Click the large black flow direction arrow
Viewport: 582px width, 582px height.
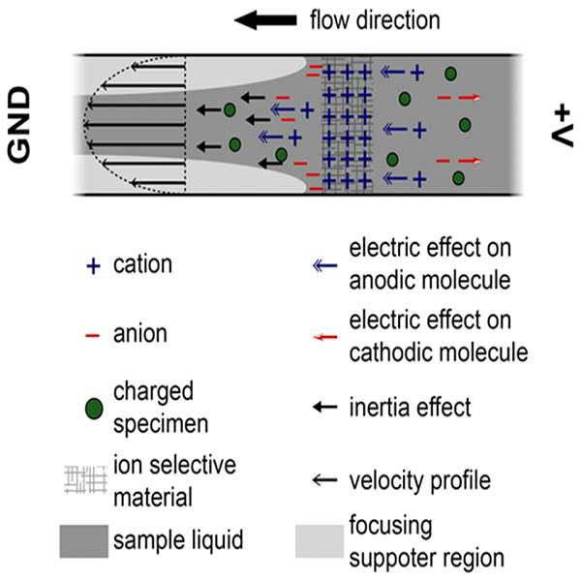265,20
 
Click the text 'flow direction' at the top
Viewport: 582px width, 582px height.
375,20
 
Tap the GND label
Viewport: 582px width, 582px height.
19,125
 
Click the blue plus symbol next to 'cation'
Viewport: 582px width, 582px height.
93,266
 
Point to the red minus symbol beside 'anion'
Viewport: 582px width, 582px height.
92,336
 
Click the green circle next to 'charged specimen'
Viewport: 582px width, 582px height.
94,409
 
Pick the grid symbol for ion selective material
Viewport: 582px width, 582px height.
86,479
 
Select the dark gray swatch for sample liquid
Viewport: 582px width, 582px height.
84,541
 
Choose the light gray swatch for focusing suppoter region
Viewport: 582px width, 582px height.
320,541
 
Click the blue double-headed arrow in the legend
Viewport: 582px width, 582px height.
324,265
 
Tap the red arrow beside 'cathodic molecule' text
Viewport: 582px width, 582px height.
324,337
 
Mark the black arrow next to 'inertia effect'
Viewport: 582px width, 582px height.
324,407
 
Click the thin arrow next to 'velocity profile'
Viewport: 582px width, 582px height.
324,479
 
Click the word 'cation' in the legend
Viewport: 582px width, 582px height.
142,264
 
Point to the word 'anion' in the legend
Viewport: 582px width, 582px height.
140,334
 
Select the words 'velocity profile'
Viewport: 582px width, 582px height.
420,481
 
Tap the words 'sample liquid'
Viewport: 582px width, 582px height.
178,540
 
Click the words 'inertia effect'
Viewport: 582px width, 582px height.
411,407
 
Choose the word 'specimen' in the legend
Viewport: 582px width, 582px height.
161,424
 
